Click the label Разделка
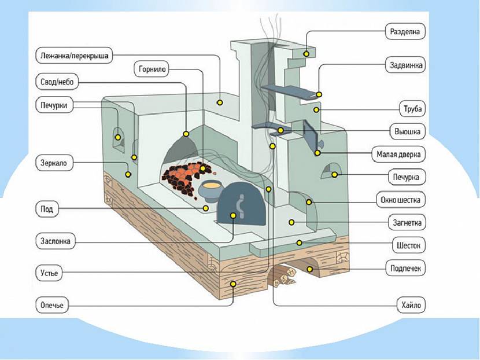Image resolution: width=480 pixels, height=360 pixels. click(x=405, y=31)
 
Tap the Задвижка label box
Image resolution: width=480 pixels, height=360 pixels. click(x=405, y=65)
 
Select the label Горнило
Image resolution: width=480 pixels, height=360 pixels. click(x=152, y=69)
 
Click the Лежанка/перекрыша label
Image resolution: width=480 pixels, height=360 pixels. click(x=74, y=56)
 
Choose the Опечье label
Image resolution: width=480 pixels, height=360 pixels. click(x=51, y=305)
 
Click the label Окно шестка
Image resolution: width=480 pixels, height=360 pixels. click(x=400, y=200)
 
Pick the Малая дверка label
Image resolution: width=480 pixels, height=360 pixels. click(x=398, y=154)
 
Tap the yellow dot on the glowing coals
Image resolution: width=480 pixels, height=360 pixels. click(x=202, y=168)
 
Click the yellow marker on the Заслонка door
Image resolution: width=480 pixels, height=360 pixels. click(x=233, y=216)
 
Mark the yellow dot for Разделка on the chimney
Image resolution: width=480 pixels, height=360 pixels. click(x=306, y=54)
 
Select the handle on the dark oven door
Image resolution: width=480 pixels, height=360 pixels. click(x=241, y=207)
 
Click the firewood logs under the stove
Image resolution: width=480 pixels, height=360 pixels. click(x=283, y=275)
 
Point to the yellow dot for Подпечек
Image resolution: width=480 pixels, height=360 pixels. click(x=310, y=269)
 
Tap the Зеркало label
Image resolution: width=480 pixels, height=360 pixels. click(x=54, y=163)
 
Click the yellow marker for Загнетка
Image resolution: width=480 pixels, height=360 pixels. click(x=291, y=222)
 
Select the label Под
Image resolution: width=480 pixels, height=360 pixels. click(x=47, y=209)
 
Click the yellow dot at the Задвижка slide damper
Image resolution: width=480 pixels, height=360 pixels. click(x=319, y=95)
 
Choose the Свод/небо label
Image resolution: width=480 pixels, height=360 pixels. click(x=57, y=82)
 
